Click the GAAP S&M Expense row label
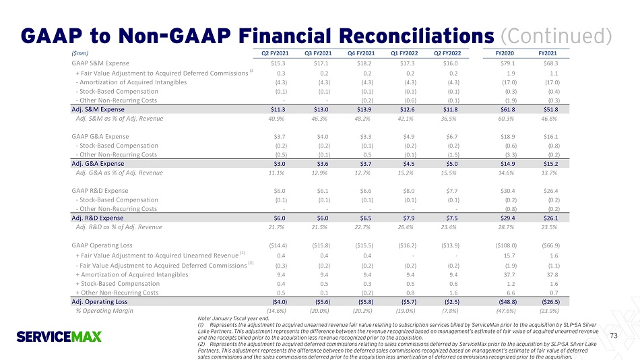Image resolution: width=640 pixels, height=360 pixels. pos(100,62)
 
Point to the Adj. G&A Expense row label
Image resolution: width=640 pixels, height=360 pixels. pos(98,163)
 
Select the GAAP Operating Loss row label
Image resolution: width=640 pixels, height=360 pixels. pos(102,245)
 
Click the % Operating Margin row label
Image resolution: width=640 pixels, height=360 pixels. pos(104,311)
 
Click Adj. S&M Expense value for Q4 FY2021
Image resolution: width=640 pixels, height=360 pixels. pos(364,109)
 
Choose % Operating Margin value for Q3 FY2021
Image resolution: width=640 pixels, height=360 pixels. pos(321,311)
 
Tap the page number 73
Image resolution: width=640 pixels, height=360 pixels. pos(612,335)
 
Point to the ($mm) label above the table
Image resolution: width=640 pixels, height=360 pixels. pos(79,52)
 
